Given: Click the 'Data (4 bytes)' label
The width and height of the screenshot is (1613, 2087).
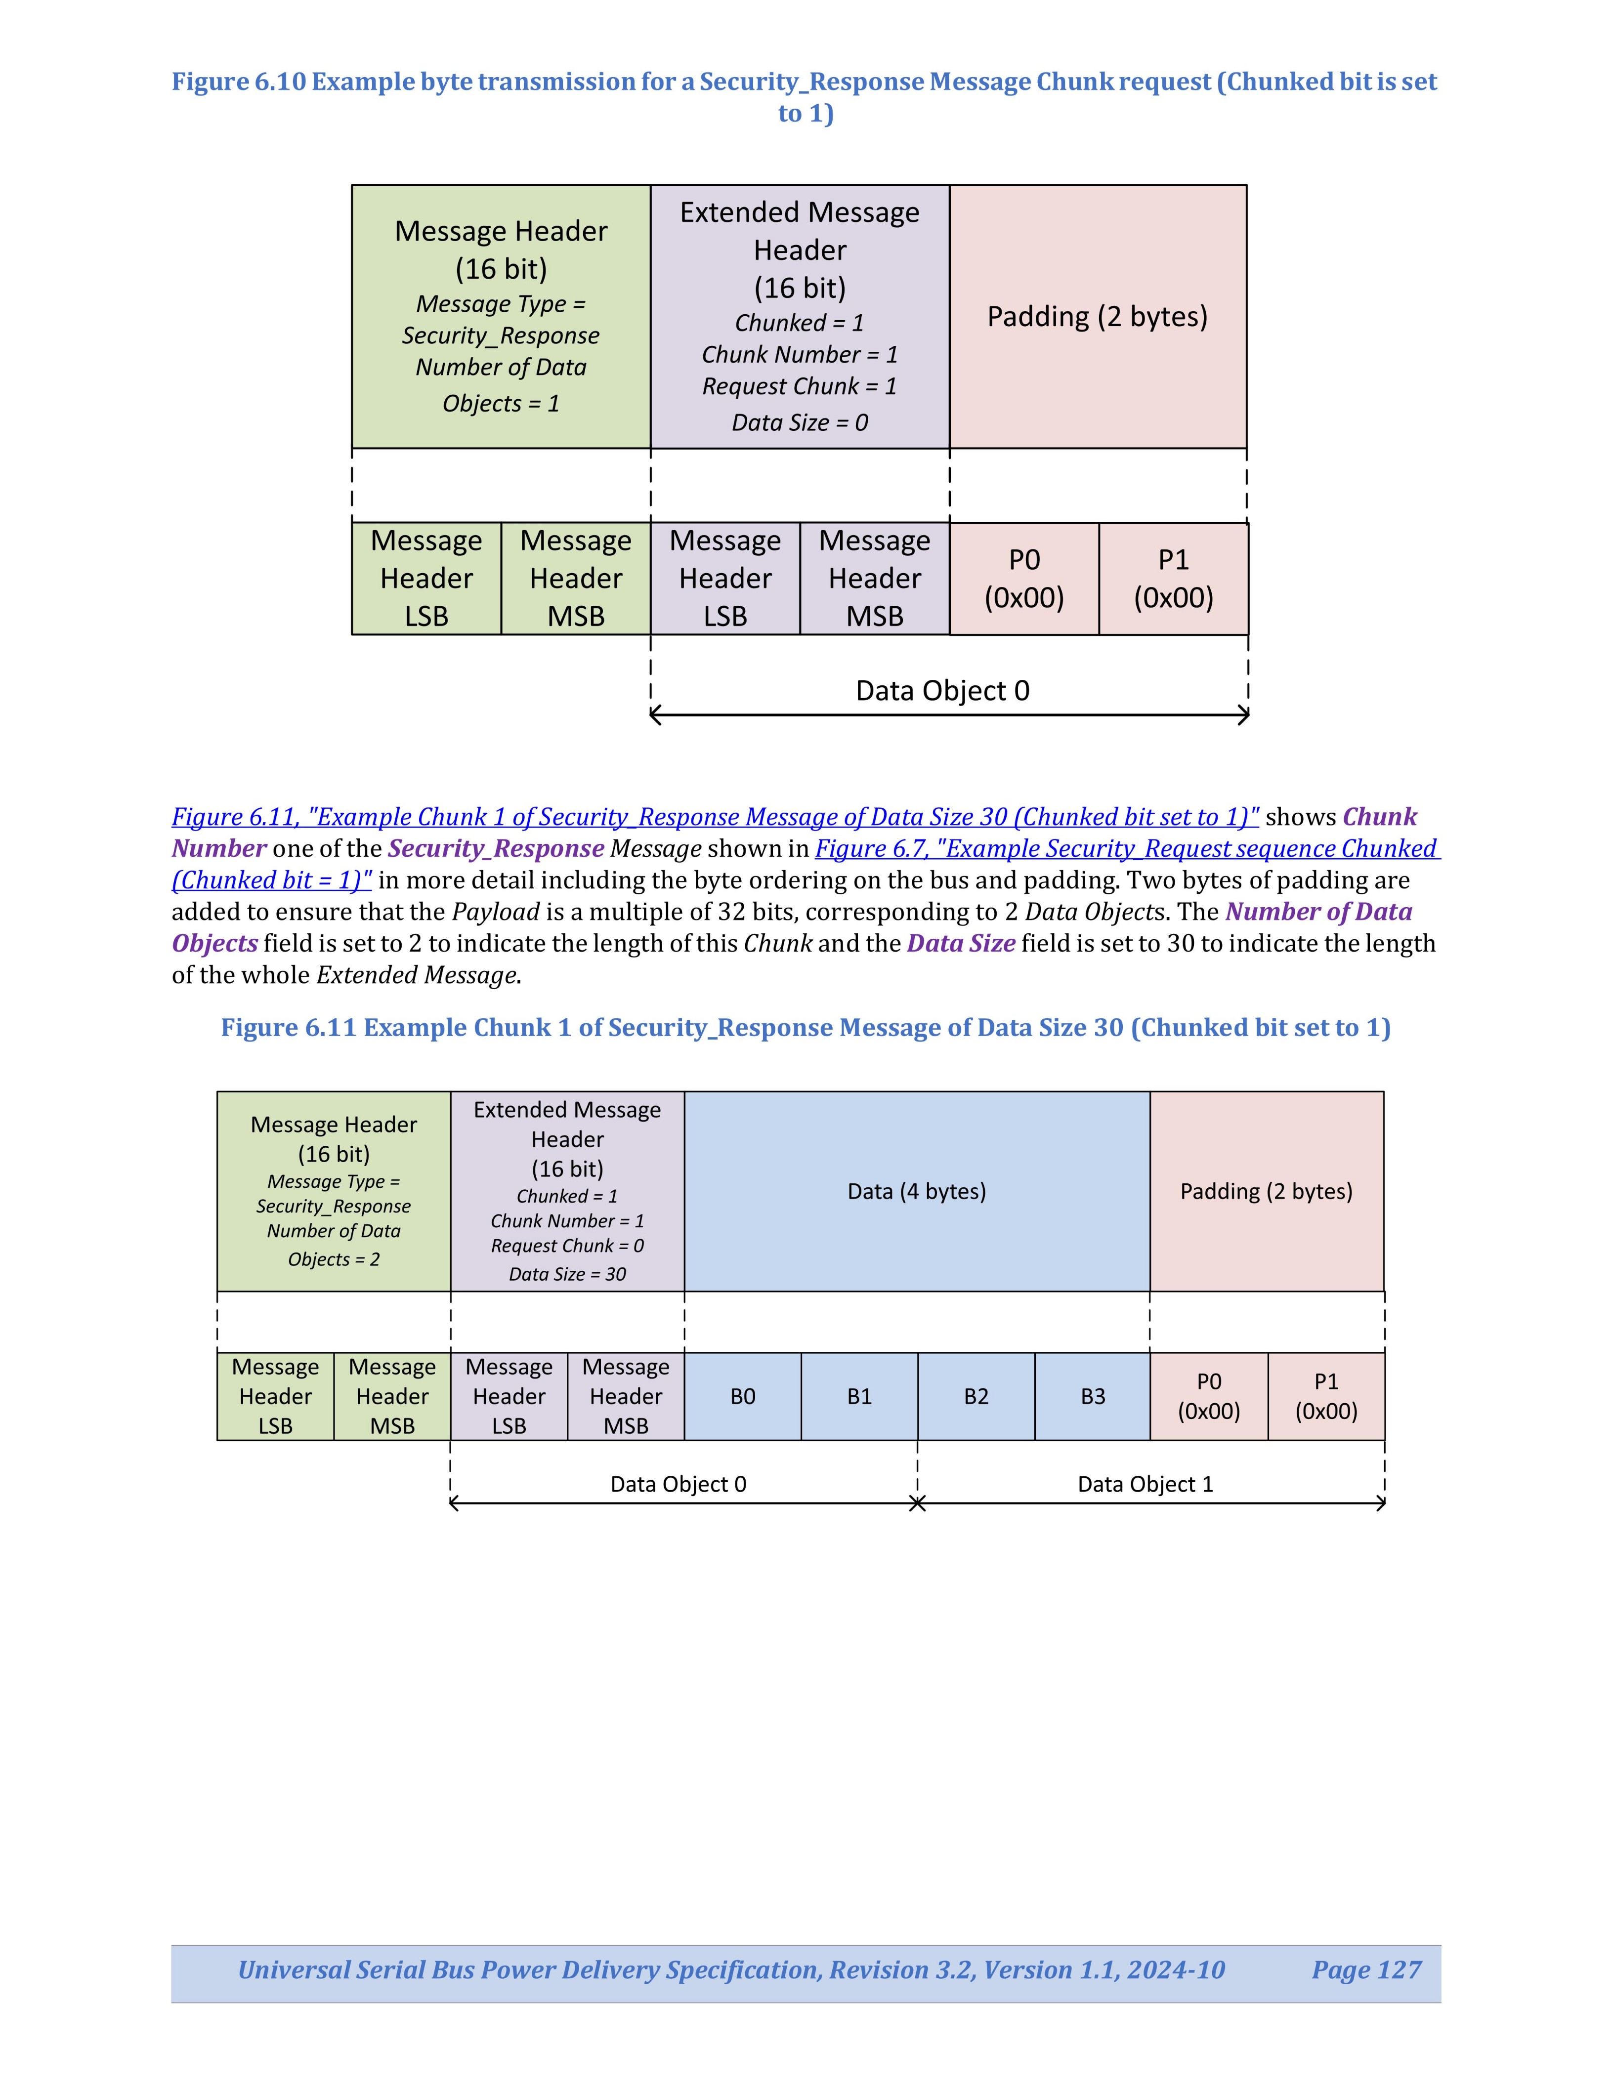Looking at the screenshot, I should (x=916, y=1192).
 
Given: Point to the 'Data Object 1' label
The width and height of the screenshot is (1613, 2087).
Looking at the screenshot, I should (x=1145, y=1484).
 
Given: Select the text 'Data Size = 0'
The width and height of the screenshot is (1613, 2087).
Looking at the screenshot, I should (x=800, y=422).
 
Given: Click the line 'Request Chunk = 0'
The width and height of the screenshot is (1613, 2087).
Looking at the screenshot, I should (x=568, y=1246).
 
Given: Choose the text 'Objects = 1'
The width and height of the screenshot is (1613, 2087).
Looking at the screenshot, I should (x=501, y=403).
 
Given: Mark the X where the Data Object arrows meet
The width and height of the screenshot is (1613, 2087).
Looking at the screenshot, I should (x=917, y=1504).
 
